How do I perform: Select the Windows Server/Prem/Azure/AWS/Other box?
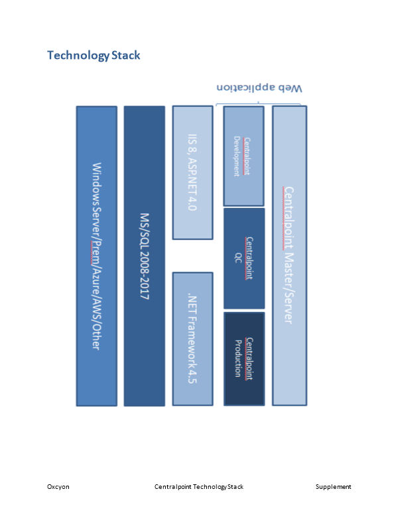coord(96,256)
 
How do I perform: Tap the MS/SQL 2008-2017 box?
coord(144,256)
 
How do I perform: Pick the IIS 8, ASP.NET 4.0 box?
coord(192,172)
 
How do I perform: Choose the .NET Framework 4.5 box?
coord(192,339)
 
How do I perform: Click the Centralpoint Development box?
coord(243,156)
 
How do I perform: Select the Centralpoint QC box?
coord(243,258)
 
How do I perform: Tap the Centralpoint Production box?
coord(243,358)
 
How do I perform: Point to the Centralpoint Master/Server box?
coord(289,256)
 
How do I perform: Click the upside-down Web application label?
coord(259,87)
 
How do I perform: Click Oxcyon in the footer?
coord(58,487)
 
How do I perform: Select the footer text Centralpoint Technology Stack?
coord(199,487)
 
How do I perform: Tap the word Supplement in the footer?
coord(333,487)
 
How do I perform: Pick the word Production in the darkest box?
coord(238,358)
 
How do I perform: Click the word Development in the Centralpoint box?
coord(237,156)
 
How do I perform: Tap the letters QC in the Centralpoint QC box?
coord(237,258)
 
